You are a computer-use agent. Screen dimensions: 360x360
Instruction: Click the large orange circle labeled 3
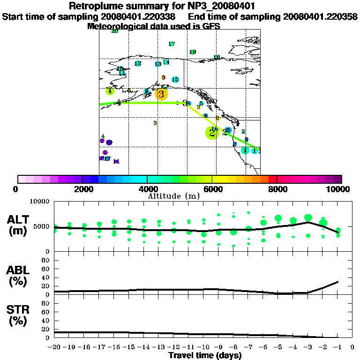coord(161,94)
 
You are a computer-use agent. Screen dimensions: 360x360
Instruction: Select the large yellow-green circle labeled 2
coord(212,133)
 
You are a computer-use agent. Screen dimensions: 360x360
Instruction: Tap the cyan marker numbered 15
coord(175,80)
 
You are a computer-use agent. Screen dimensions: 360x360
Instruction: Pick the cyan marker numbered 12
coord(138,64)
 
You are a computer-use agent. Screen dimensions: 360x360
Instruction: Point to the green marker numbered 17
coord(172,44)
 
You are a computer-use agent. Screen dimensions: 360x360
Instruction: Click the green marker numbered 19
coord(192,52)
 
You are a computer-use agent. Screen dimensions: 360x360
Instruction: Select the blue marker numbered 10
coord(109,142)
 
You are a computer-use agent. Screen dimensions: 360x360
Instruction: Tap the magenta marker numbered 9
coord(105,152)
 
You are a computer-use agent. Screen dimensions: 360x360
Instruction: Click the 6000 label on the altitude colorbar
coord(212,189)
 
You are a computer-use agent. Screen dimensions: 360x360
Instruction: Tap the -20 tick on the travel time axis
coord(54,348)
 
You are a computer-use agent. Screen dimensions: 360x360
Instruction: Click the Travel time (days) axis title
coord(205,355)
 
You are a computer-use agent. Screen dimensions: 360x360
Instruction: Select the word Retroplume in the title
coord(96,7)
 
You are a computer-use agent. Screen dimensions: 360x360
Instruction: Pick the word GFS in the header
coord(211,26)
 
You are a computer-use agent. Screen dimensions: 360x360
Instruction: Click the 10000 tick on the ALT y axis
coord(40,202)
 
